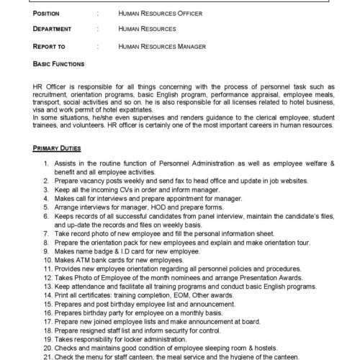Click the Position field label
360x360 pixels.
click(50, 12)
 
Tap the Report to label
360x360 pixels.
click(51, 46)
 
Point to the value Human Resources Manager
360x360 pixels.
click(163, 46)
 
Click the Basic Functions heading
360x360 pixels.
click(57, 63)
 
